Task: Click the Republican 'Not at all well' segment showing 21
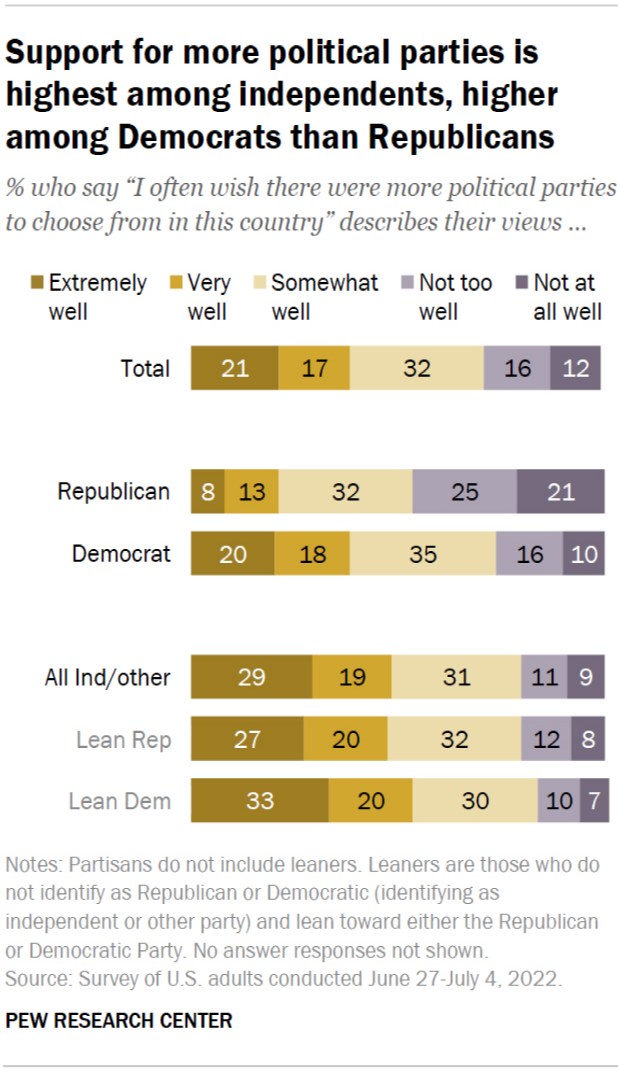coord(560,492)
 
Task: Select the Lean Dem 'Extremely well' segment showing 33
coord(259,801)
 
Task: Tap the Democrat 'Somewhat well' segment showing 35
coord(422,554)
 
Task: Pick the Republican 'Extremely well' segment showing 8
coord(207,492)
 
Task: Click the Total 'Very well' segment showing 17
coord(313,368)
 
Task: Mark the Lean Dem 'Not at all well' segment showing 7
coord(594,801)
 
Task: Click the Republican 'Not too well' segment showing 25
coord(464,492)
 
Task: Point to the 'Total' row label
coord(146,368)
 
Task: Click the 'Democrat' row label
coord(121,554)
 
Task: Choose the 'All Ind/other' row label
coord(107,677)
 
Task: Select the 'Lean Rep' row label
coord(124,740)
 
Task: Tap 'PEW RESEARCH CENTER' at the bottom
coord(119,1021)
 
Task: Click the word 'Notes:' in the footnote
coord(33,863)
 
